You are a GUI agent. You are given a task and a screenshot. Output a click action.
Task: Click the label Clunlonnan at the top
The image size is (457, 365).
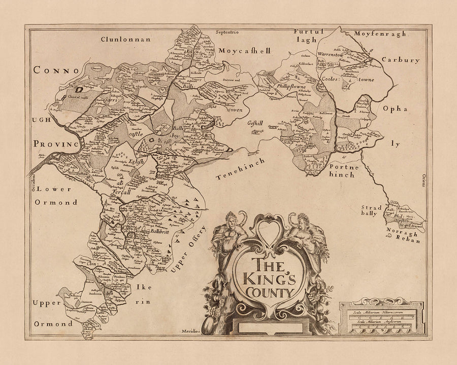[x=126, y=39]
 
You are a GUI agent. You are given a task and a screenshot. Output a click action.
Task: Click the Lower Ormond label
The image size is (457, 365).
[x=56, y=197]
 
